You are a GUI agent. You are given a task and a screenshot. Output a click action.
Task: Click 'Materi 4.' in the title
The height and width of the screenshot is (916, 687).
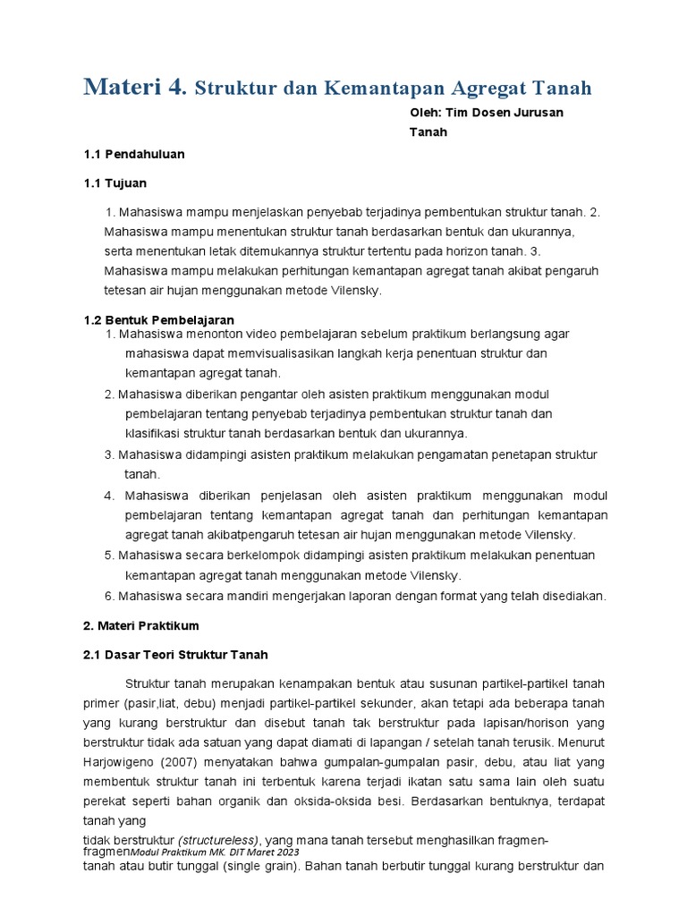135,88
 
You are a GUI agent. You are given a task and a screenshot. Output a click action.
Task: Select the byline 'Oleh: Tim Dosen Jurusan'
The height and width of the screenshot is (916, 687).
487,112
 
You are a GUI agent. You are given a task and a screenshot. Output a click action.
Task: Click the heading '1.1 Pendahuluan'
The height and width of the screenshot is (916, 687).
133,154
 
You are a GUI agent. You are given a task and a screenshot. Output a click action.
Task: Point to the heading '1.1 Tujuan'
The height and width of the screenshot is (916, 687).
114,183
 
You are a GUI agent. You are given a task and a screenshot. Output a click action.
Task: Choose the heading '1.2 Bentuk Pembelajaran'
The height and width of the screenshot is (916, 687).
158,319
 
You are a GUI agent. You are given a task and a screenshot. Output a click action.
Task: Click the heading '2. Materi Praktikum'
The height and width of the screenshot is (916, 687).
140,625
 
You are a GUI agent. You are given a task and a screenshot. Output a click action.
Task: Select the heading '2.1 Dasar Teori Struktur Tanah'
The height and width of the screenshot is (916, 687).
175,655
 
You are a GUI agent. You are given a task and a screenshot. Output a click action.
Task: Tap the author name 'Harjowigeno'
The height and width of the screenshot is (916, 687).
120,762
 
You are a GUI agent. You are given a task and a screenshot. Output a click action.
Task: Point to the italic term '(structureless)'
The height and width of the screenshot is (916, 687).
219,840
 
